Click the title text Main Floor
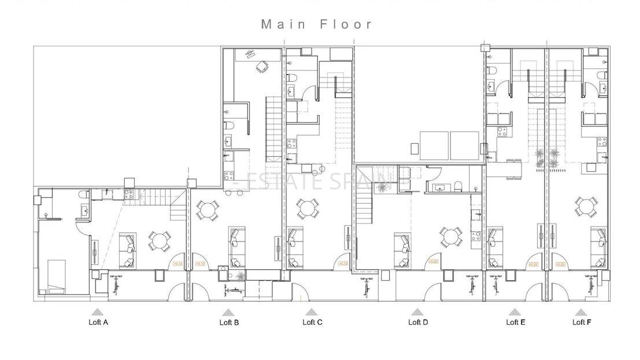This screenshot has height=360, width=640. [x=317, y=24]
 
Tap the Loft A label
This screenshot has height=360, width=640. [x=98, y=322]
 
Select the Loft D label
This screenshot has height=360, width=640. [x=417, y=322]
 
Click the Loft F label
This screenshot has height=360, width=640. [x=582, y=322]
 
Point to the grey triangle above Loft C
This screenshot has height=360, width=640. [x=312, y=313]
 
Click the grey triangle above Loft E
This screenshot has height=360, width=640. [x=515, y=313]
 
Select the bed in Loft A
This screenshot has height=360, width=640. [x=56, y=276]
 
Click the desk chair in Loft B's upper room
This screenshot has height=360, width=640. [x=262, y=67]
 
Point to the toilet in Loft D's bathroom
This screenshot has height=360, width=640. [x=458, y=185]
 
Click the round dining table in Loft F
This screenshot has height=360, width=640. [x=586, y=206]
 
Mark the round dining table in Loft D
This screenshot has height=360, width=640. [x=450, y=236]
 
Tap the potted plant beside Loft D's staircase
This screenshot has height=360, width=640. [x=382, y=187]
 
